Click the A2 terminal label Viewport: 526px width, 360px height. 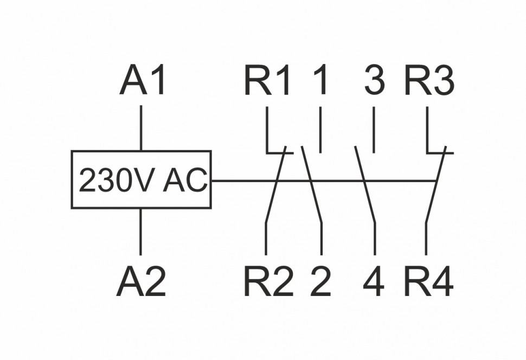pyautogui.click(x=141, y=281)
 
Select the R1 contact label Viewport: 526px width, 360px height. pyautogui.click(x=268, y=81)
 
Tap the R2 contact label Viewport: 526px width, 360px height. pyautogui.click(x=268, y=281)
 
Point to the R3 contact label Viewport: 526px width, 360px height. pyautogui.click(x=429, y=81)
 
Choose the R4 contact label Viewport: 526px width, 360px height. pyautogui.click(x=428, y=281)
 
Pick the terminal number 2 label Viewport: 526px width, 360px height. pyautogui.click(x=320, y=281)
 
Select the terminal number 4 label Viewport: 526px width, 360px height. pyautogui.click(x=374, y=281)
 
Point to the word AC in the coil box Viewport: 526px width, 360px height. pyautogui.click(x=185, y=181)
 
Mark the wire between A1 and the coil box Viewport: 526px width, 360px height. pyautogui.click(x=141, y=128)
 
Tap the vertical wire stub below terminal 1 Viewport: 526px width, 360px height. pyautogui.click(x=320, y=130)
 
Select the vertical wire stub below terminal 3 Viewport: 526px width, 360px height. pyautogui.click(x=374, y=130)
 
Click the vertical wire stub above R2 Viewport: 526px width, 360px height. pyautogui.click(x=266, y=239)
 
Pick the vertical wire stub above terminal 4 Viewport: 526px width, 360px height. pyautogui.click(x=374, y=239)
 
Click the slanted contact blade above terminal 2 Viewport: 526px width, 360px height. pyautogui.click(x=311, y=184)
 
